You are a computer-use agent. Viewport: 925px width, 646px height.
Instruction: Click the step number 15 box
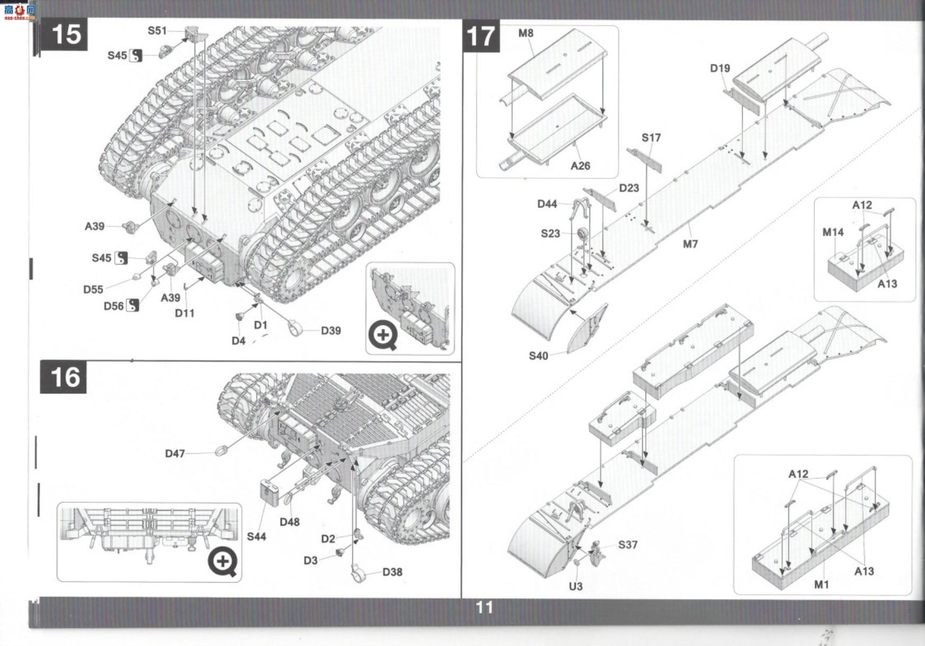63,35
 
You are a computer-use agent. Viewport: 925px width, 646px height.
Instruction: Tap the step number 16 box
63,377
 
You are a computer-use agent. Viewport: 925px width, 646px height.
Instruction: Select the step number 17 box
481,36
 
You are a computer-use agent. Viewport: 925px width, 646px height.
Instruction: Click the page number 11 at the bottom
484,607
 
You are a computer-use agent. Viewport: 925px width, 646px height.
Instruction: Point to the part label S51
157,31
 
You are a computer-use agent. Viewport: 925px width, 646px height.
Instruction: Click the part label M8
526,33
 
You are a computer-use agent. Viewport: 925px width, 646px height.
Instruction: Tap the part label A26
580,166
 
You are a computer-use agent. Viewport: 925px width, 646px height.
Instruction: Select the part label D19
720,68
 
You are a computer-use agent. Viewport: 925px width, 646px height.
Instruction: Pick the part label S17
651,138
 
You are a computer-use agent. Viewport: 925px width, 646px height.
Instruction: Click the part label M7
690,244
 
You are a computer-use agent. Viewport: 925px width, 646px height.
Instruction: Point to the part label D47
175,454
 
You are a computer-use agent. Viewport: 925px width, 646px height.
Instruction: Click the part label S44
256,537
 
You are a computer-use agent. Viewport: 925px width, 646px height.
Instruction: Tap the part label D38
392,572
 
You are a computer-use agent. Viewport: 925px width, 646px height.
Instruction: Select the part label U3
576,586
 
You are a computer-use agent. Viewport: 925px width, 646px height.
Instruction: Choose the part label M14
833,232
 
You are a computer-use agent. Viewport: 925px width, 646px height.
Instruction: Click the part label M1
821,585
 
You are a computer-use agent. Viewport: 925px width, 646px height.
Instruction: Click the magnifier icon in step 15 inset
383,335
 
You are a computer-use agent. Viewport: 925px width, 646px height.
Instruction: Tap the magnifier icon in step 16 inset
223,561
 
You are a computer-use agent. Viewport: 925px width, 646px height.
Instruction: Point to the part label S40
539,356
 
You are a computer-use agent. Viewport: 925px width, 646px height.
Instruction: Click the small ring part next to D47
222,451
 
